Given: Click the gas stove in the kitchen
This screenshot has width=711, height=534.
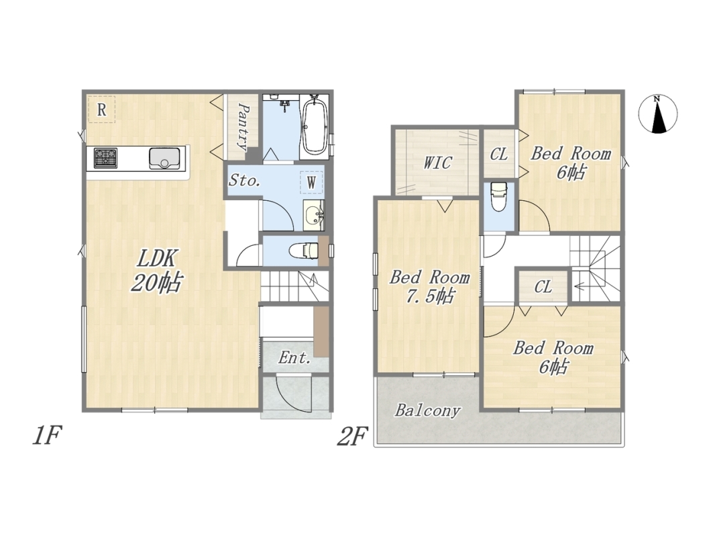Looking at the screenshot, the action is click(x=106, y=158).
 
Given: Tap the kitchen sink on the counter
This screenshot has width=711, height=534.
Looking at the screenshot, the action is click(x=164, y=158).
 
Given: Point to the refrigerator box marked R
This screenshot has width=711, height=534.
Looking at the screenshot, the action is click(x=101, y=109).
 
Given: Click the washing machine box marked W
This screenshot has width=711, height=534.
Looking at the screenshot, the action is click(x=311, y=183).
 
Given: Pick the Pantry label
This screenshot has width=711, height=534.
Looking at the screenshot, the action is click(x=243, y=127).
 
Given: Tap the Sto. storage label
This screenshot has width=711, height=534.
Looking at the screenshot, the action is click(x=244, y=180).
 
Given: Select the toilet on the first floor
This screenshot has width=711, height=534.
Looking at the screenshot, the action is click(x=303, y=250).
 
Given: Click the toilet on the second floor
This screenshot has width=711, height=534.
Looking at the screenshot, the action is click(x=498, y=196).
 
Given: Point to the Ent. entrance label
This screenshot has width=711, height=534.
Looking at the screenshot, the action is click(x=294, y=358).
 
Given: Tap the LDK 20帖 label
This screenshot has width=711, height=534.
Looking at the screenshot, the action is click(x=157, y=271).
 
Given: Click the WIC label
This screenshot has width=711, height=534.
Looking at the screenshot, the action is click(x=437, y=163).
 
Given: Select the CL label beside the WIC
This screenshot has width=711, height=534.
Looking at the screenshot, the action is click(x=499, y=154).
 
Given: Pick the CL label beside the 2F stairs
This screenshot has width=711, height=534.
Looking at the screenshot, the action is click(x=543, y=287).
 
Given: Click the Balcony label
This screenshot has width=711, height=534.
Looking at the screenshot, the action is click(x=427, y=410).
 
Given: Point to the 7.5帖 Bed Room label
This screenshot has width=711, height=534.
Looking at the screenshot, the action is click(x=429, y=287).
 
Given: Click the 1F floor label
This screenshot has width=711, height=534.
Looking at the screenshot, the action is click(x=47, y=436).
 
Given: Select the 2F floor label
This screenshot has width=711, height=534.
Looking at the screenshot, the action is click(x=351, y=436).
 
